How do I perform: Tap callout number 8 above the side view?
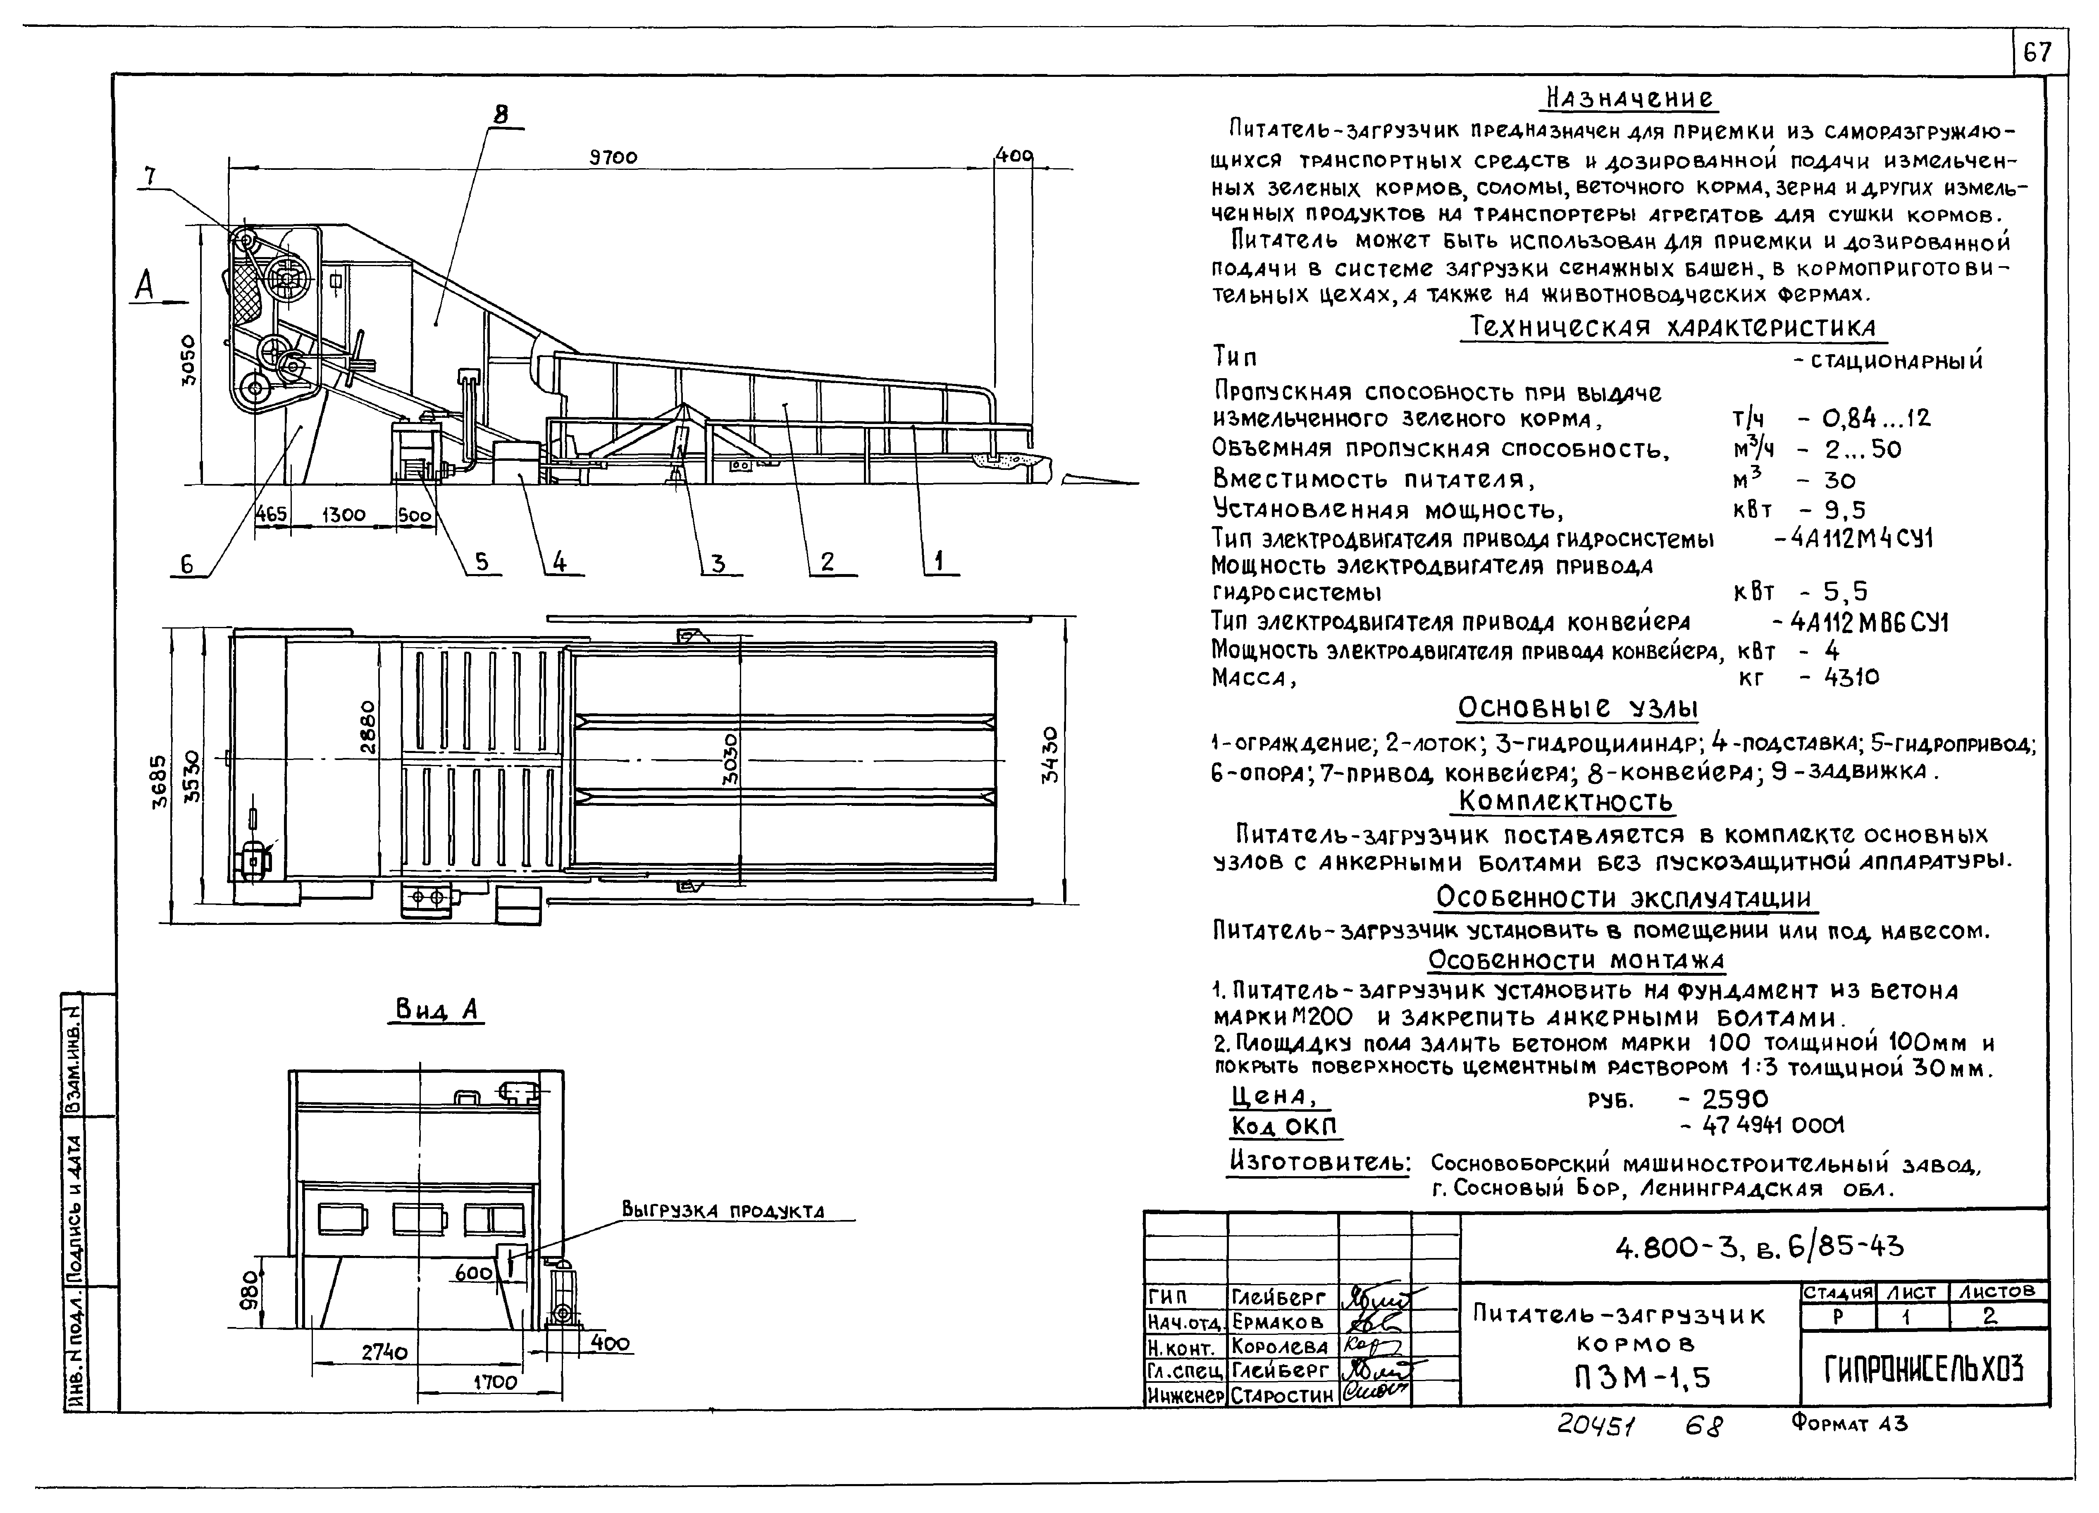[x=501, y=115]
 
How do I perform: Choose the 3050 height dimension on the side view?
[x=188, y=361]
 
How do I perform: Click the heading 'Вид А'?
[x=436, y=1009]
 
